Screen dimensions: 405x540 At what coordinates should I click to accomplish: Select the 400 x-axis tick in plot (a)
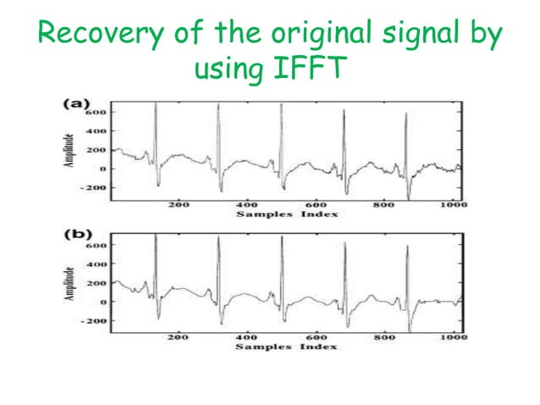tap(247, 205)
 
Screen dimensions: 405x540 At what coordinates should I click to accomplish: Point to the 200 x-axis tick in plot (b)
tap(178, 337)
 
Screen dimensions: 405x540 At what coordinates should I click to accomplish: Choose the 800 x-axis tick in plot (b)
tap(384, 337)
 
